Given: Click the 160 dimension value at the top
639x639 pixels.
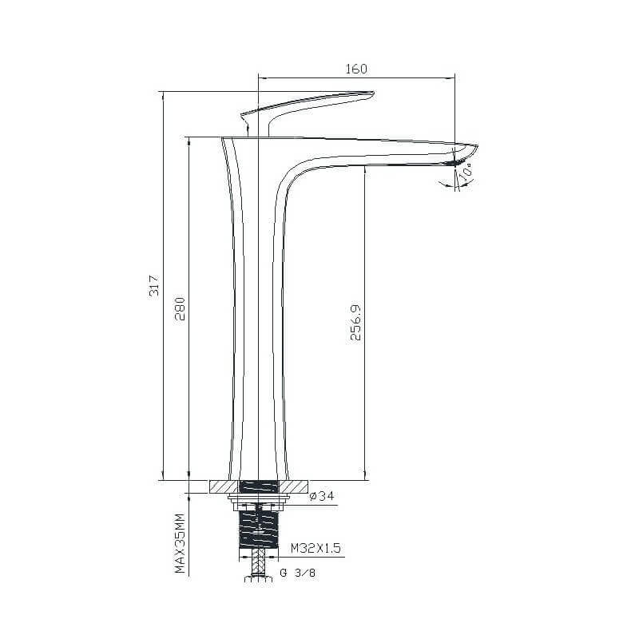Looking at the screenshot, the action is coord(356,69).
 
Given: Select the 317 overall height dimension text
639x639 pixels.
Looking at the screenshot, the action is coord(154,286).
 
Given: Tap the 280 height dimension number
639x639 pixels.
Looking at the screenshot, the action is coord(180,309).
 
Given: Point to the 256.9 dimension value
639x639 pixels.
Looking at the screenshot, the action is coord(355,323).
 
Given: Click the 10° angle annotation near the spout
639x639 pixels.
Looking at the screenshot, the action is coord(466,170).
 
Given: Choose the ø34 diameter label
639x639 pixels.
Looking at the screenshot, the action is coord(322,496).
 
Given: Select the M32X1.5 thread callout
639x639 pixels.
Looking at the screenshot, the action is coord(316,548).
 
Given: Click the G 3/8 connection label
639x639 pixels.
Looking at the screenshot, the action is coord(297,573).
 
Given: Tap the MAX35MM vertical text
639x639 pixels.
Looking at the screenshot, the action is coord(181,544).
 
